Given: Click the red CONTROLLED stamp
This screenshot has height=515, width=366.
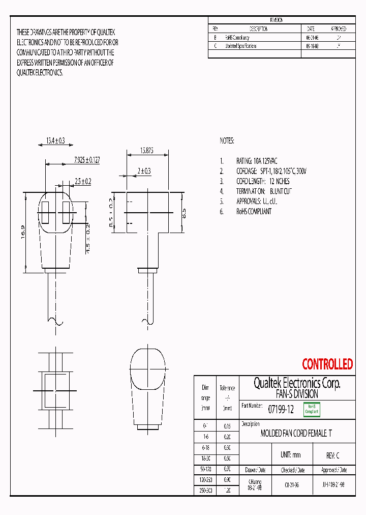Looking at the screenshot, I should pos(327,364).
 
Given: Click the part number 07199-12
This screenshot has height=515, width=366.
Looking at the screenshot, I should pos(281,409).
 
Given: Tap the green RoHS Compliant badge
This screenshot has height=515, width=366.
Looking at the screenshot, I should pos(312,409).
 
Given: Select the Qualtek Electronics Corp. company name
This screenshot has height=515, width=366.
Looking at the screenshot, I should pos(297,383).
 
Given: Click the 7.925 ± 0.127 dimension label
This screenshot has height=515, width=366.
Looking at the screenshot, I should pos(79,160).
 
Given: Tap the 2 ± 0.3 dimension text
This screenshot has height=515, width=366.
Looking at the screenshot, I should pos(144,171).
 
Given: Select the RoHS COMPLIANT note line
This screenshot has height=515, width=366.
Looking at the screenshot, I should pos(254,211).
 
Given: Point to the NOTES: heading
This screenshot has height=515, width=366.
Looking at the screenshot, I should pos(227,140).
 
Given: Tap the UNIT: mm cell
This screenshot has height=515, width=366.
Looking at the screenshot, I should pos(290,455).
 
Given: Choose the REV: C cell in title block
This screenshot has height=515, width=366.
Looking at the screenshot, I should pos(332,455).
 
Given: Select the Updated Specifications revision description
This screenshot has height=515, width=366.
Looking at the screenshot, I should pos(240,46).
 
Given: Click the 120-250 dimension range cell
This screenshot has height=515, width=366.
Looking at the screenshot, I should pos(205,480).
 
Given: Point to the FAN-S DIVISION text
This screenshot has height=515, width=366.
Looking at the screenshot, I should pos(297,394).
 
